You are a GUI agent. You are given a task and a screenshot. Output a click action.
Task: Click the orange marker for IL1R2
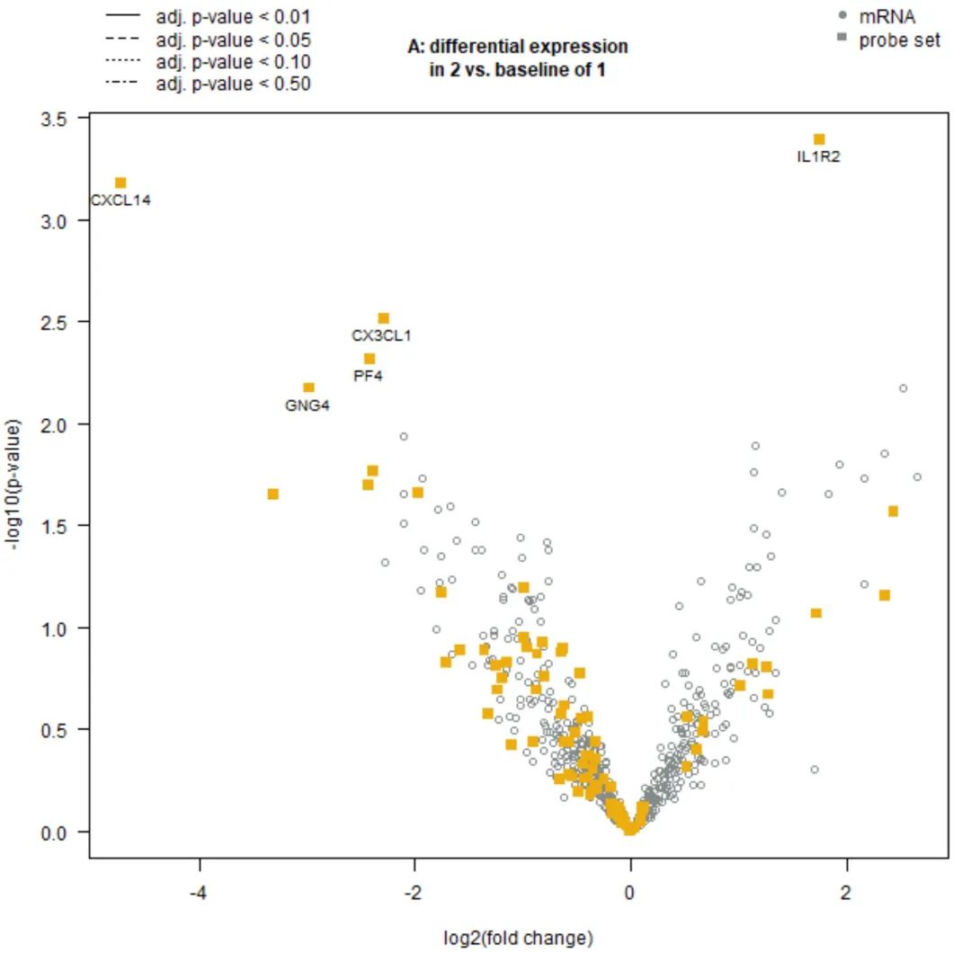(819, 139)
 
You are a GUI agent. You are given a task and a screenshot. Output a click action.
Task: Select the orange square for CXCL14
(120, 183)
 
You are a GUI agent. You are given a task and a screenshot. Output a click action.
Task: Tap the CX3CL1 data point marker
(383, 318)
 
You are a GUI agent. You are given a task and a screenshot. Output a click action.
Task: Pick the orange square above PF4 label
(370, 359)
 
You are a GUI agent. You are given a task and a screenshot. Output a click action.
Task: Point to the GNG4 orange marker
(308, 388)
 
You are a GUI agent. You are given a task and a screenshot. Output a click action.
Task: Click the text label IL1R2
(819, 157)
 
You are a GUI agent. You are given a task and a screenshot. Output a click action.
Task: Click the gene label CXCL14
(120, 200)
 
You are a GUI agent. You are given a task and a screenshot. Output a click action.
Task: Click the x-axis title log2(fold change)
(519, 939)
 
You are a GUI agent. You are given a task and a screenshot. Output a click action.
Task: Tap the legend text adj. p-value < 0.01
(233, 16)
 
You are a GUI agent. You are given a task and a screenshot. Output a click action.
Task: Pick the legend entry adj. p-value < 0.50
(233, 85)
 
